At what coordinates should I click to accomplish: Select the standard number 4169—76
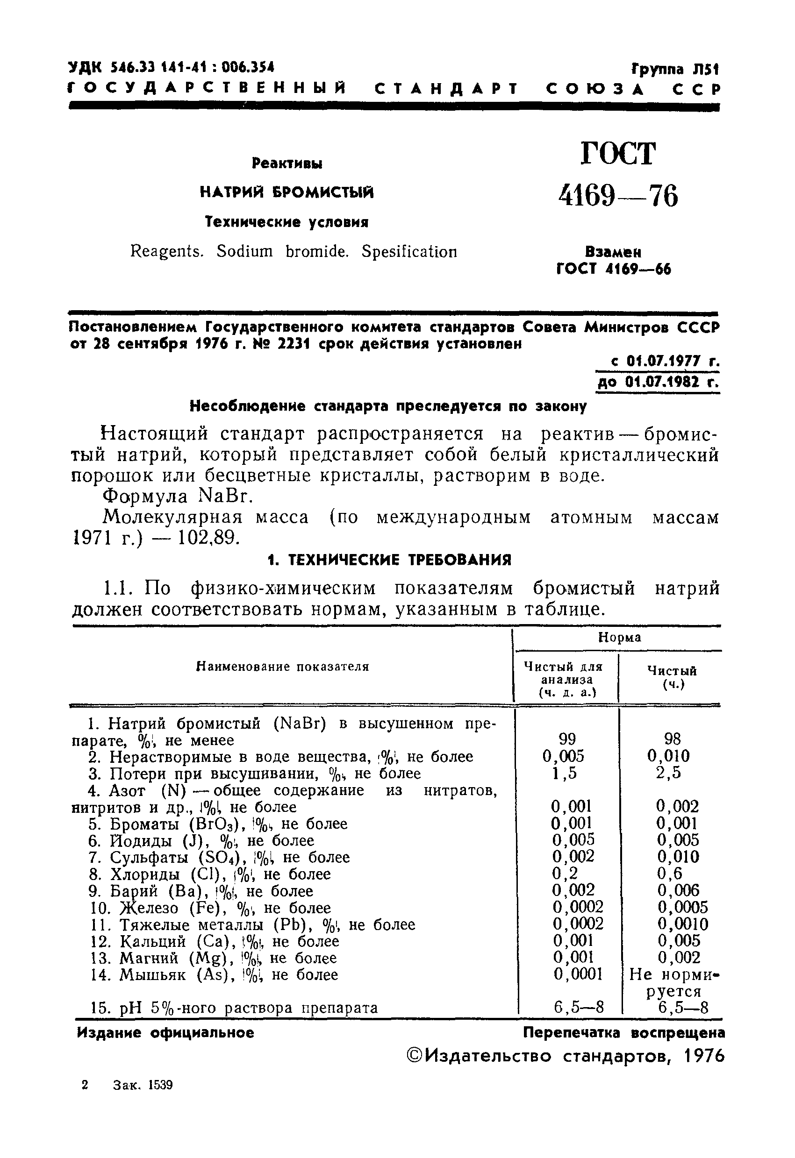point(618,196)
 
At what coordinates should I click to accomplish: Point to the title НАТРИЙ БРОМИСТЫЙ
point(286,192)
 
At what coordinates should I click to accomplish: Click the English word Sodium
point(245,251)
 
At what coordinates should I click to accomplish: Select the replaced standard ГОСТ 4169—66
point(614,270)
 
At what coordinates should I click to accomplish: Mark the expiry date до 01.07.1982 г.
point(658,382)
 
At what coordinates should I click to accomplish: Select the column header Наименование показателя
point(283,667)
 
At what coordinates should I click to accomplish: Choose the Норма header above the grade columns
point(619,637)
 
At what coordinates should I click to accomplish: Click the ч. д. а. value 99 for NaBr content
point(567,739)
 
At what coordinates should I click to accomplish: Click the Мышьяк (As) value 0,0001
point(578,974)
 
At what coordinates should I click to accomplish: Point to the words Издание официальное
point(165,1033)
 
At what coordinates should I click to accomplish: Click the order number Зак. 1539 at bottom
point(143,1085)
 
